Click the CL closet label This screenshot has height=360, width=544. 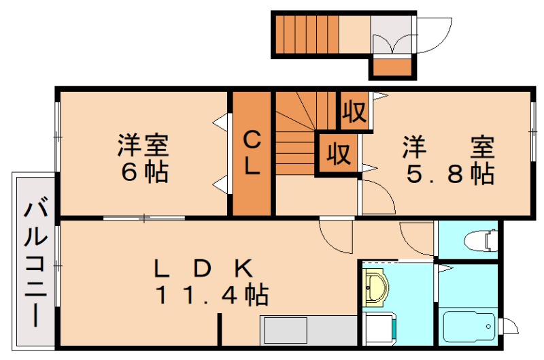(x=252, y=154)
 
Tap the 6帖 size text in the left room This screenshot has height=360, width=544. (x=144, y=173)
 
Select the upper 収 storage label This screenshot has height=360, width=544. (x=354, y=111)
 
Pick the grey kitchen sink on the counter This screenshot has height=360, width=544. (x=286, y=333)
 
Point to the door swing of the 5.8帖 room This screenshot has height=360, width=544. (x=378, y=197)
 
